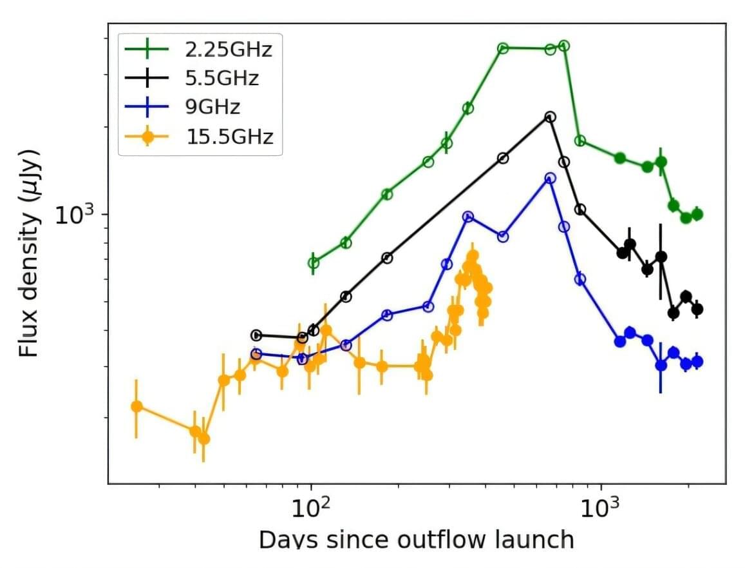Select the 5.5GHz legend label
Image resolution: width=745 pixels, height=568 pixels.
click(x=222, y=78)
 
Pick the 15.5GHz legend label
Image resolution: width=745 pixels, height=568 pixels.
click(x=230, y=137)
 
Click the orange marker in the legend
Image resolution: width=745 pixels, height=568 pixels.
click(x=147, y=137)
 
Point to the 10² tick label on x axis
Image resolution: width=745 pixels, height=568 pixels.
click(x=312, y=509)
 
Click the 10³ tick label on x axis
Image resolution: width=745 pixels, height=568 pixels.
click(x=601, y=509)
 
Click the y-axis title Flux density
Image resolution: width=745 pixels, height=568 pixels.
click(x=30, y=254)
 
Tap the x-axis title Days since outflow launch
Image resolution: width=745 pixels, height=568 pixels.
click(x=416, y=539)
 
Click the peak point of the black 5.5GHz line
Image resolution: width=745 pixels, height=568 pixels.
click(x=550, y=117)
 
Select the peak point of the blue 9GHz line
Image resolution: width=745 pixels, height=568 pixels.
click(x=550, y=178)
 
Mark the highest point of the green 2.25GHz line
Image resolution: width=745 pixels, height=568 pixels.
click(x=564, y=46)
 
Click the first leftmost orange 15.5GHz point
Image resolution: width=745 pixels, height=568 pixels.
click(x=136, y=406)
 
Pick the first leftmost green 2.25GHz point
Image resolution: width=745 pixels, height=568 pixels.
click(x=313, y=262)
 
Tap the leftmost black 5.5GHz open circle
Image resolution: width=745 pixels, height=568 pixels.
click(x=256, y=335)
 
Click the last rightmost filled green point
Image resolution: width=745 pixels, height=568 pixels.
click(x=697, y=215)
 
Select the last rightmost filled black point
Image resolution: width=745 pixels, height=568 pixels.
click(x=697, y=309)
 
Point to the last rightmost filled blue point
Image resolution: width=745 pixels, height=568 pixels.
click(x=697, y=362)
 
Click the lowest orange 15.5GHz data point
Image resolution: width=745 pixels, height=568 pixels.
click(x=203, y=438)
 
